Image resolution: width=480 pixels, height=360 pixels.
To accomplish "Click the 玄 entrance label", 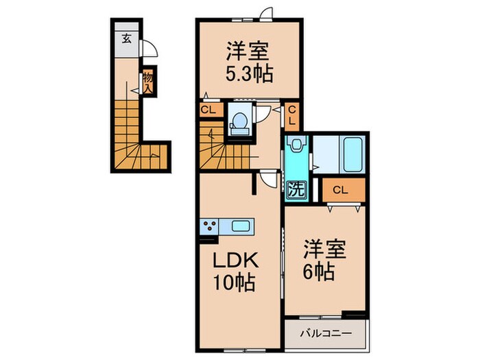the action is click(126, 39).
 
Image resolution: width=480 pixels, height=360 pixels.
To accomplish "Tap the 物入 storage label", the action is click(148, 82).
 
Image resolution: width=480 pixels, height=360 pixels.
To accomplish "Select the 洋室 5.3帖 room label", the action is click(248, 63).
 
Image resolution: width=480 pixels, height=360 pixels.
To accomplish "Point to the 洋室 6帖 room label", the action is click(324, 261).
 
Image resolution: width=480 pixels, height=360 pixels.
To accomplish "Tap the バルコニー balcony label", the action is click(326, 333).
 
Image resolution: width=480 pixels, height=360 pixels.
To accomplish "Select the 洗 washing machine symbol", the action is click(296, 190).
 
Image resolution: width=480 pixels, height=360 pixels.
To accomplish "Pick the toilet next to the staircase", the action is click(239, 123).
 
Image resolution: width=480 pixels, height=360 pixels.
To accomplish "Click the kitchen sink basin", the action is click(240, 226).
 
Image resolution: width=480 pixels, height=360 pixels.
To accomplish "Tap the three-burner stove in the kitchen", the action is click(210, 226).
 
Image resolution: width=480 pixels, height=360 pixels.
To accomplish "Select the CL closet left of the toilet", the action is click(208, 110).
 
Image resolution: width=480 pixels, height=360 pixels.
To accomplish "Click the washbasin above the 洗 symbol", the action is click(296, 145).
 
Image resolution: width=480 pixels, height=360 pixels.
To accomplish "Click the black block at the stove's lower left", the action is click(208, 239).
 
